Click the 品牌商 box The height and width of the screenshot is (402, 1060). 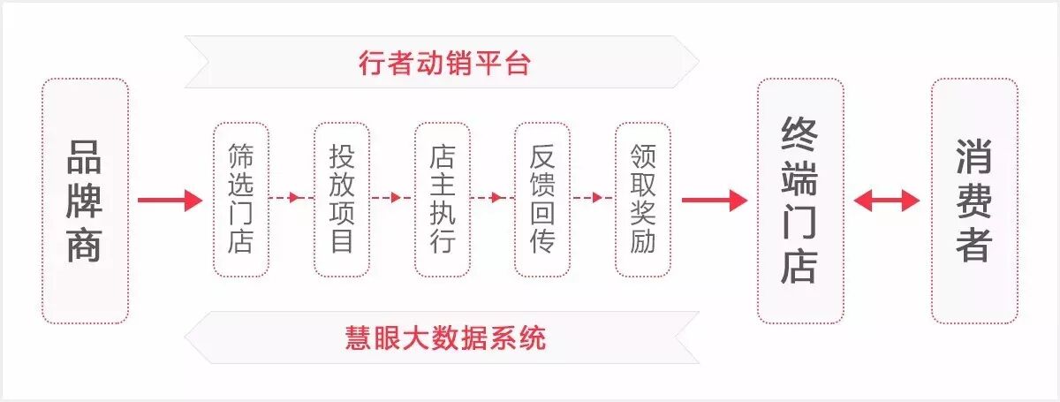[85, 201]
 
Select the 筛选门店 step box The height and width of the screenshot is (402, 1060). [240, 199]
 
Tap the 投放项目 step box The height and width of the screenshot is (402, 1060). [341, 199]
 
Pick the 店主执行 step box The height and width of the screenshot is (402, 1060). [442, 199]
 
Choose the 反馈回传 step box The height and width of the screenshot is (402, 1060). [542, 199]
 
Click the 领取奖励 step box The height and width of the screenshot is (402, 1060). [643, 199]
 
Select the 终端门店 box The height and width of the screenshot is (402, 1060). [800, 201]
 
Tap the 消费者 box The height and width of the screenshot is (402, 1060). [974, 201]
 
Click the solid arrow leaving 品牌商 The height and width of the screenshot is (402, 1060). [170, 201]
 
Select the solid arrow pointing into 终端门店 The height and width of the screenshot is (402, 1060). [714, 201]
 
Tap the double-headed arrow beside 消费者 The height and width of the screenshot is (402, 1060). [887, 201]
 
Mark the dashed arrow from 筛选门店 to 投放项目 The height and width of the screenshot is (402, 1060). [291, 198]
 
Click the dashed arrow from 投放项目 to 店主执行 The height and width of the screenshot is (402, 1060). [391, 198]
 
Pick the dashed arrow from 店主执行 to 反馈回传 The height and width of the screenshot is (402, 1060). [492, 198]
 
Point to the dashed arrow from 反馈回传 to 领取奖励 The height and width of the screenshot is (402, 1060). [593, 198]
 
